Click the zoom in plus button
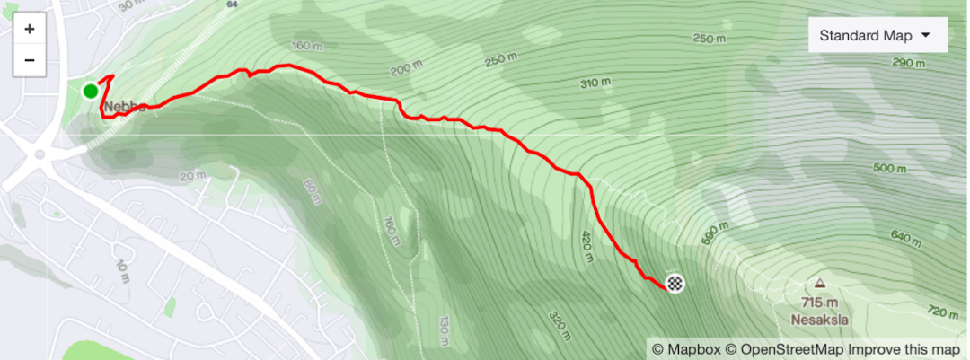[x=30, y=29]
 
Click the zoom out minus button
[x=30, y=59]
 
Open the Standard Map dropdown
[x=878, y=36]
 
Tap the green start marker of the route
[x=91, y=91]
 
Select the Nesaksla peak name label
[x=820, y=319]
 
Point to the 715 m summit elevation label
[x=821, y=303]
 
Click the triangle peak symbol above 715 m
[x=821, y=284]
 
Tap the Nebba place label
[x=123, y=107]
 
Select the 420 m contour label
[x=586, y=244]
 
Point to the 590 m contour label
[x=711, y=233]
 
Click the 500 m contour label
[x=890, y=168]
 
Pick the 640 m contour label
[x=906, y=238]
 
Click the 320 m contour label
[x=558, y=327]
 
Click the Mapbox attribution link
[x=685, y=349]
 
